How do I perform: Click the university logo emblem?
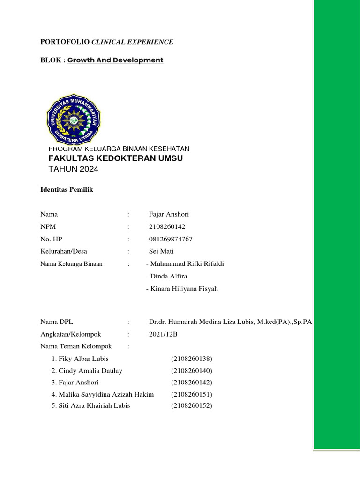click(74, 119)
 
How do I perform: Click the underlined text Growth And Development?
click(115, 60)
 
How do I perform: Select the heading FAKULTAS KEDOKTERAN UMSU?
click(116, 158)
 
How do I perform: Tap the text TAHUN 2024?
click(74, 169)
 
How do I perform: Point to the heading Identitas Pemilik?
click(67, 190)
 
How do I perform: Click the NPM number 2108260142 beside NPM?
click(164, 227)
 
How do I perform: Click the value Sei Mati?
click(161, 251)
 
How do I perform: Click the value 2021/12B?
click(164, 334)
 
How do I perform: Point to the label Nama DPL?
click(57, 322)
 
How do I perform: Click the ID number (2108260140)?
click(192, 371)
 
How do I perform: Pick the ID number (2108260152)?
click(192, 405)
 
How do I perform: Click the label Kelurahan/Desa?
click(64, 251)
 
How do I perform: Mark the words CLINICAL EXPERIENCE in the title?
click(132, 42)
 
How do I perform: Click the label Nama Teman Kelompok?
click(76, 346)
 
